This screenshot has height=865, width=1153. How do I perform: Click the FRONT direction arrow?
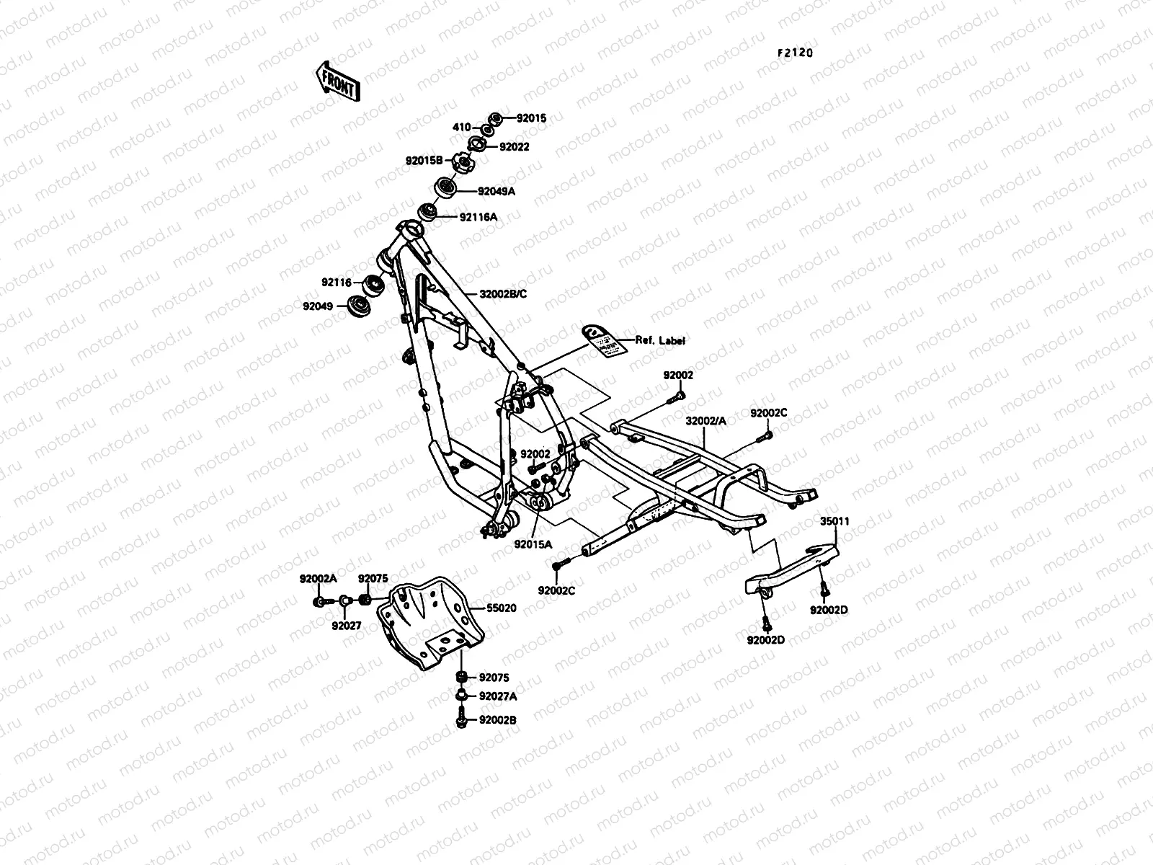click(x=336, y=80)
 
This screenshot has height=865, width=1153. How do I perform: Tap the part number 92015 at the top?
click(x=532, y=117)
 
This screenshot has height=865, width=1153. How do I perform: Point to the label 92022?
click(x=514, y=146)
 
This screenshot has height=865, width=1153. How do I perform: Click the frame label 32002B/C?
click(x=502, y=294)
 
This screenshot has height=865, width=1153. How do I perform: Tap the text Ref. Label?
click(x=659, y=340)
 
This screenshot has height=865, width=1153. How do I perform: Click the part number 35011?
click(x=834, y=520)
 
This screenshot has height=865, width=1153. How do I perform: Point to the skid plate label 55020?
click(x=501, y=608)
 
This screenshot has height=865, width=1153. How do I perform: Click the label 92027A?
click(x=498, y=696)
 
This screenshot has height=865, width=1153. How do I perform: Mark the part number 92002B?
click(x=498, y=719)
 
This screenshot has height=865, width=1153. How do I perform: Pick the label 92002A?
click(x=319, y=579)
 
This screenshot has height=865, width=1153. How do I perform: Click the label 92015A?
click(x=533, y=545)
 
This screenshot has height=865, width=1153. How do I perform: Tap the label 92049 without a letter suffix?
click(x=318, y=306)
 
